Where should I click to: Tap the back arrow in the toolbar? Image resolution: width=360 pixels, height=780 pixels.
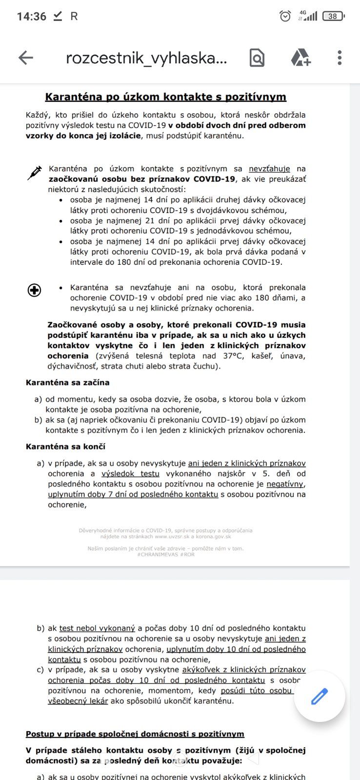point(25,58)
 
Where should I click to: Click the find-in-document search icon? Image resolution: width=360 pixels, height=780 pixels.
point(257,58)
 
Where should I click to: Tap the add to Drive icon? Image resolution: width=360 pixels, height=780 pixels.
point(300,58)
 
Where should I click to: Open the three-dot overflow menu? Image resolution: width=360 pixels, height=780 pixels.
point(340,58)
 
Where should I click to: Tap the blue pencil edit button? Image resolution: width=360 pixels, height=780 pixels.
point(320,697)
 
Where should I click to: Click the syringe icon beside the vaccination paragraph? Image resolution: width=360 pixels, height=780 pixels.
point(35,173)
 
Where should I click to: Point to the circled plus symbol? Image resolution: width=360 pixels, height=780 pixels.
point(35,290)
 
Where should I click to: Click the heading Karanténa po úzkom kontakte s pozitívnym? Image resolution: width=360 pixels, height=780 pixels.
point(165,97)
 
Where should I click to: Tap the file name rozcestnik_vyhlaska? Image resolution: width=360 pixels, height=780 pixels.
point(146,58)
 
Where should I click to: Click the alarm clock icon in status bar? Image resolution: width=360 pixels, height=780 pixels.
point(285,16)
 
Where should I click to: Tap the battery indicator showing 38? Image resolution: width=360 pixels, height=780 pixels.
point(333,16)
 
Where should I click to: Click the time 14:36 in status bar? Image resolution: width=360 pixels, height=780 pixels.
point(31,16)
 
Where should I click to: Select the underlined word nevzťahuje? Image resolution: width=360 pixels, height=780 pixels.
point(269,169)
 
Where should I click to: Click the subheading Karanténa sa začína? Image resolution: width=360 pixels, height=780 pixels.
point(68,383)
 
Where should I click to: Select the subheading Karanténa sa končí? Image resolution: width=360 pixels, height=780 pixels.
point(65,447)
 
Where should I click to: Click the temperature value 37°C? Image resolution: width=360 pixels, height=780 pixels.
point(234,356)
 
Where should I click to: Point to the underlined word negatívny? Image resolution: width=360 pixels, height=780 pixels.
point(285,484)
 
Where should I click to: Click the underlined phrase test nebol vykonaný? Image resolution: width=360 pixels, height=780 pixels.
point(97,628)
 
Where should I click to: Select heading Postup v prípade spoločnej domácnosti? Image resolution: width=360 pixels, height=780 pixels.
point(135,734)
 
